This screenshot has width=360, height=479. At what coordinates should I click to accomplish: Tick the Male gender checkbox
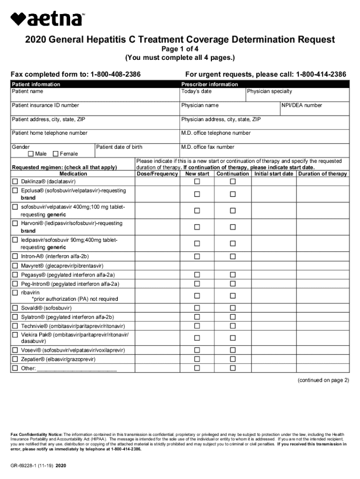(31, 154)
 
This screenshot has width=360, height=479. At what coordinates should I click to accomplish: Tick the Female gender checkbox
(56, 154)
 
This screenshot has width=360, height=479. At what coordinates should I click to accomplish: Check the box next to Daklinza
(15, 181)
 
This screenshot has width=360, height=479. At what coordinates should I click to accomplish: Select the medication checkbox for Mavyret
(15, 266)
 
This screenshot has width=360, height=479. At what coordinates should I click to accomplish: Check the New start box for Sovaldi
(197, 308)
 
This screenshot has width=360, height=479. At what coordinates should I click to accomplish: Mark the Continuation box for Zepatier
(232, 359)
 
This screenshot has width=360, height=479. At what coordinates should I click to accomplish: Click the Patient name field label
(28, 91)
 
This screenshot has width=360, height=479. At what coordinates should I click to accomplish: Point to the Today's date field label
(196, 91)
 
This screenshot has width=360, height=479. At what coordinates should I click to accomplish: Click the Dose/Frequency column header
(158, 174)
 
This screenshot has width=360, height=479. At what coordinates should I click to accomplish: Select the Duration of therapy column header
(323, 174)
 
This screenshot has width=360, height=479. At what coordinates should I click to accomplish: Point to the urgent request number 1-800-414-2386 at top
(317, 75)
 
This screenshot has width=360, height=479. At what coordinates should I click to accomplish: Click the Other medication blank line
(77, 369)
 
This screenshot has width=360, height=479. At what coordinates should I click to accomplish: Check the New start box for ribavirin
(197, 296)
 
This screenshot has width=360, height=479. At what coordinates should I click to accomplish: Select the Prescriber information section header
(209, 84)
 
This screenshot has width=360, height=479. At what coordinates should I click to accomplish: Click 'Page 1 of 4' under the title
(180, 49)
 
